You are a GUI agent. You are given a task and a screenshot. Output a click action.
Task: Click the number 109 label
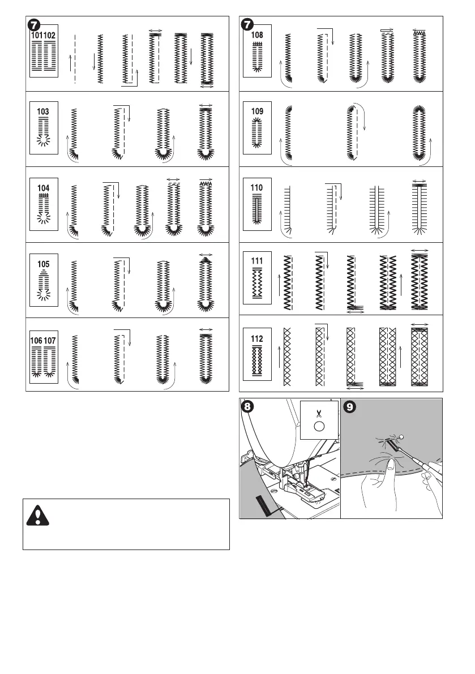tap(257, 112)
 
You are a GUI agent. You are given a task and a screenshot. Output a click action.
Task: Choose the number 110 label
tap(257, 187)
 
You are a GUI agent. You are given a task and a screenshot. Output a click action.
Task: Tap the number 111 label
tap(257, 261)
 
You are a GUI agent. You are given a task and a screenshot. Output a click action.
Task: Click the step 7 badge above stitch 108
tap(247, 24)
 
